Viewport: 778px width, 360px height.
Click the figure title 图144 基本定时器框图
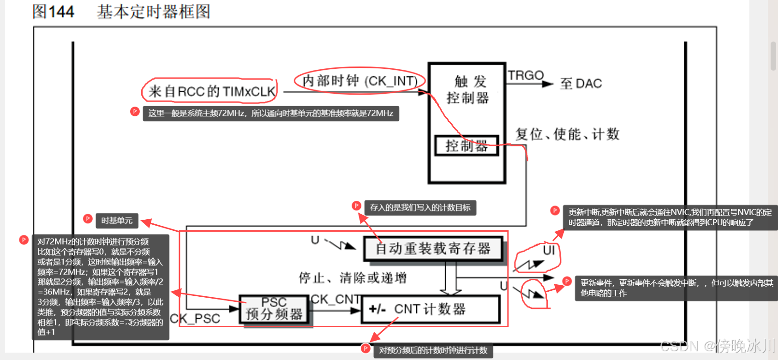tap(121, 12)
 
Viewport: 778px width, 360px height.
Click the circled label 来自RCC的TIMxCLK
tap(211, 91)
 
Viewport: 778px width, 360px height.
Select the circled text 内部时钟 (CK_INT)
tap(359, 81)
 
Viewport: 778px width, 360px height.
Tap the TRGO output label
tap(526, 75)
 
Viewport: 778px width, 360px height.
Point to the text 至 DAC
tap(581, 84)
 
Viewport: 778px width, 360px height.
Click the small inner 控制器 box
tap(467, 146)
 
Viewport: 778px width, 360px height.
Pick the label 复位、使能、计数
tap(567, 134)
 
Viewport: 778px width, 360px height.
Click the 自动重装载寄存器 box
tap(432, 249)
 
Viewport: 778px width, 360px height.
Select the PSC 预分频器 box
tap(274, 309)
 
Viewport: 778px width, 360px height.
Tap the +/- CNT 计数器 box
tap(431, 309)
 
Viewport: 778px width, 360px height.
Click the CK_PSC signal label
tap(195, 318)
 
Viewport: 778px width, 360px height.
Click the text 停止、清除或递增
tap(353, 278)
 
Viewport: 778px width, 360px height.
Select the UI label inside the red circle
tap(549, 250)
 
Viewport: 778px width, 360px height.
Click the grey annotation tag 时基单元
tap(117, 221)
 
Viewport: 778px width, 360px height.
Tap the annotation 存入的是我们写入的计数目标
tap(420, 208)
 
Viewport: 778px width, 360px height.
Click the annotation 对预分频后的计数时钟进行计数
tap(433, 350)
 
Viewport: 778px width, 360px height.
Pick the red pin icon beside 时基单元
tap(88, 219)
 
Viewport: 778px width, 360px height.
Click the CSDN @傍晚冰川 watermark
tap(717, 345)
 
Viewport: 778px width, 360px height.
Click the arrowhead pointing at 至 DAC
tap(548, 84)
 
